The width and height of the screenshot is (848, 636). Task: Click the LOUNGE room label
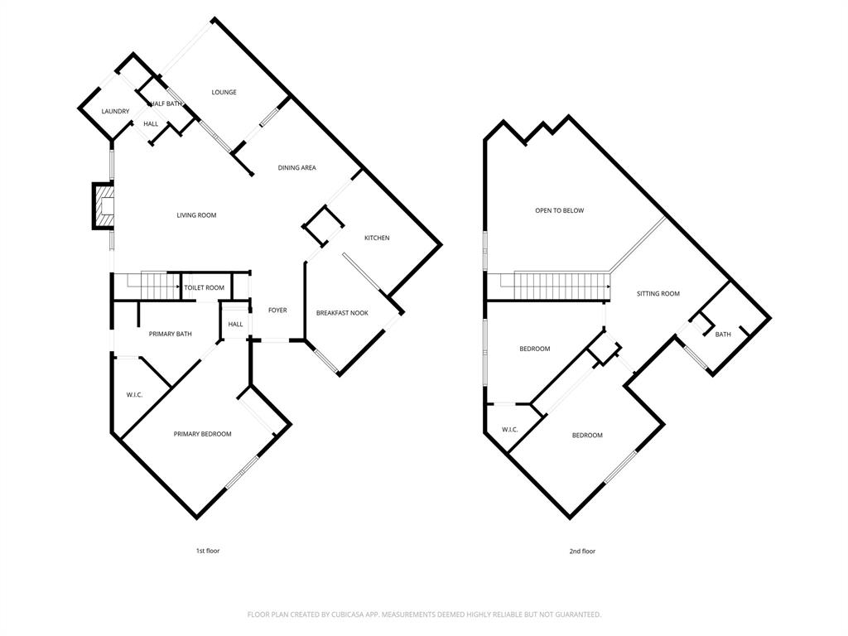click(x=224, y=92)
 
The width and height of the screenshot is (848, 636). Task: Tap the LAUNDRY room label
click(x=115, y=111)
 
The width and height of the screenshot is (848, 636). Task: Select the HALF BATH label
click(x=166, y=104)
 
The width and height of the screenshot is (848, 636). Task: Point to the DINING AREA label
click(x=296, y=167)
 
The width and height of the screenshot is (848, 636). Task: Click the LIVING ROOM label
click(x=196, y=215)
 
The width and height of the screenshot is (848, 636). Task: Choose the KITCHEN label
click(x=377, y=238)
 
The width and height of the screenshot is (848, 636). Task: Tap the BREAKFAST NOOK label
click(x=342, y=313)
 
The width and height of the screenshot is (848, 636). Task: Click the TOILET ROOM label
click(x=204, y=287)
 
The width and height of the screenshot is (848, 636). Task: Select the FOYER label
click(x=277, y=310)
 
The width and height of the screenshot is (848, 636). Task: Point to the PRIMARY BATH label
click(x=171, y=334)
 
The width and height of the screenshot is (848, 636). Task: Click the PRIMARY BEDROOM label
click(x=202, y=434)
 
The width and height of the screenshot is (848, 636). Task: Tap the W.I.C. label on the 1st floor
click(x=135, y=395)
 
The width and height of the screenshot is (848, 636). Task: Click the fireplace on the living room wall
click(x=103, y=206)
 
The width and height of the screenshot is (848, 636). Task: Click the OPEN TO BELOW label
click(x=559, y=210)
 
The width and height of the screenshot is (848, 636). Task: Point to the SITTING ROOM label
click(x=658, y=293)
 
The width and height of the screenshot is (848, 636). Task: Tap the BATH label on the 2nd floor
click(x=723, y=335)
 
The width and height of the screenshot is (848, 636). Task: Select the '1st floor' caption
click(x=207, y=551)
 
